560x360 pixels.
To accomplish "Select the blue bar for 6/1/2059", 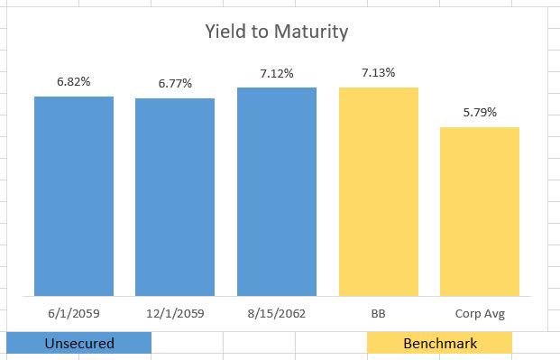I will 74,195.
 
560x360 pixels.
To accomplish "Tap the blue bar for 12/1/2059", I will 175,197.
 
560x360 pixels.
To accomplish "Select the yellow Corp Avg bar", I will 480,211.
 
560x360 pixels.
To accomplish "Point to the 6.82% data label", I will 73,81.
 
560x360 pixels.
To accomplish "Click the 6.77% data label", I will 175,84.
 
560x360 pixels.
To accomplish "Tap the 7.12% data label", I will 277,73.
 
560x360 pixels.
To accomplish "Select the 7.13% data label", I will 379,72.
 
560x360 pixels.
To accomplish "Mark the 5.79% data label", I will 480,113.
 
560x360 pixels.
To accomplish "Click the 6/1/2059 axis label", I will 74,315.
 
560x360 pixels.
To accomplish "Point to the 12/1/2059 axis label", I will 175,315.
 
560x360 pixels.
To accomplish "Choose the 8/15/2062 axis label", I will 277,315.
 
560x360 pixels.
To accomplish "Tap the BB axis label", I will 379,315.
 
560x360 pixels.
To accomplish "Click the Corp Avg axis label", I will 480,315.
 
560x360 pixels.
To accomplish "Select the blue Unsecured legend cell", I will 79,344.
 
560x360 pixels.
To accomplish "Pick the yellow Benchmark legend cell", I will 440,344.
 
